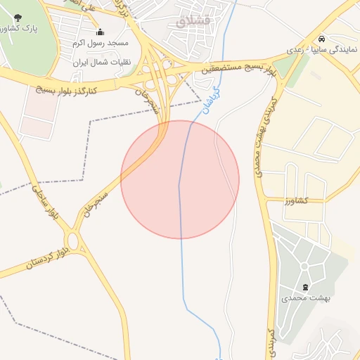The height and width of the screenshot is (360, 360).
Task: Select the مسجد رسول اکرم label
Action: point(99,44)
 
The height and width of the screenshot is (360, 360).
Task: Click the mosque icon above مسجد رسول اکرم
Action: point(100,32)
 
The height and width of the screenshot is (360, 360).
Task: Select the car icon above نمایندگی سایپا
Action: point(321,39)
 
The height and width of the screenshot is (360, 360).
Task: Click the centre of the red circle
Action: point(180,179)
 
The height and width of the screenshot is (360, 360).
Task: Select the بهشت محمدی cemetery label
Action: point(306,298)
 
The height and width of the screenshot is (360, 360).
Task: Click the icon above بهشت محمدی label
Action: point(305,287)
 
